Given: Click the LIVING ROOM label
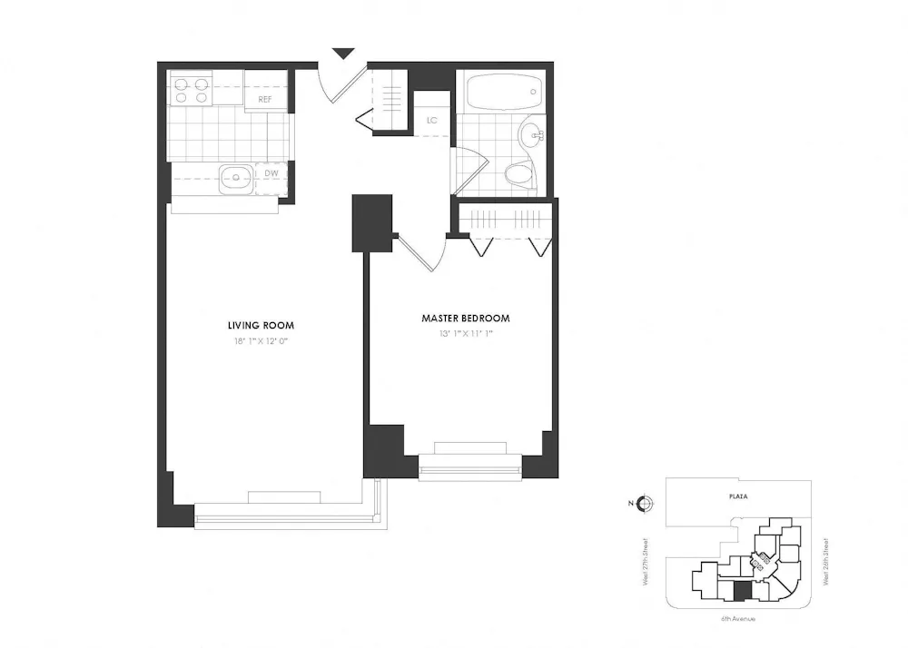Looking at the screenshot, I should [x=261, y=325].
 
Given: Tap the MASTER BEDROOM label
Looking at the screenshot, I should [x=465, y=319].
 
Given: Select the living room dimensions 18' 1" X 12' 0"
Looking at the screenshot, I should [x=261, y=341].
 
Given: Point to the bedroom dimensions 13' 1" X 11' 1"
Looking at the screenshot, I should [x=465, y=334].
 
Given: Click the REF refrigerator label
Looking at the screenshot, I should [x=265, y=99].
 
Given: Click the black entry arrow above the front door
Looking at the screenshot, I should [x=342, y=54].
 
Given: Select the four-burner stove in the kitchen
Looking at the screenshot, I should [x=191, y=89].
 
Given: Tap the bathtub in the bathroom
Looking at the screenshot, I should [x=503, y=92].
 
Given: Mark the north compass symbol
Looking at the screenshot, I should [x=644, y=504].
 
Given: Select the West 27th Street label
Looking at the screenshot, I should [x=646, y=563].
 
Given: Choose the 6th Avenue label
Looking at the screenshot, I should [x=738, y=618].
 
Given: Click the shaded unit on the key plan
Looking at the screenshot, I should [x=742, y=591].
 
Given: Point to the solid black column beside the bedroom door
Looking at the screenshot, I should [x=371, y=222].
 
